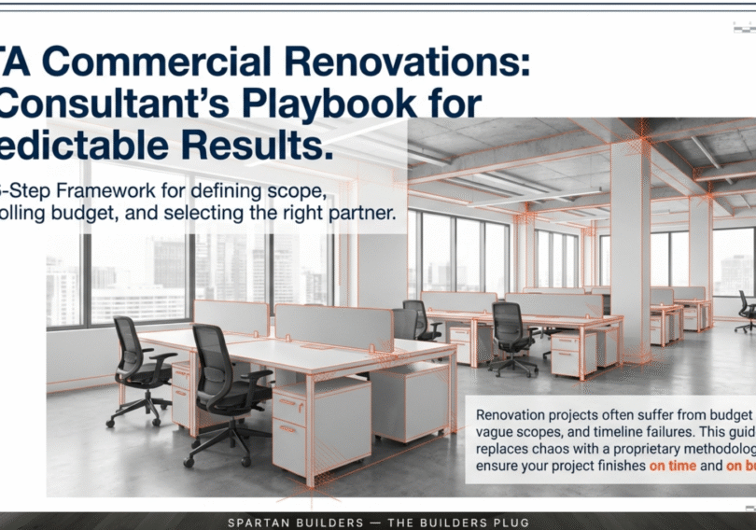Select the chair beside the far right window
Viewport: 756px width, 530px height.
tap(746, 310)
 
